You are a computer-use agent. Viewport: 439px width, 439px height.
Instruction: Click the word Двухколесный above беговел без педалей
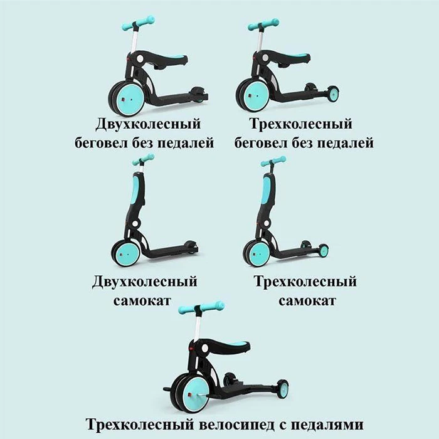(x=148, y=124)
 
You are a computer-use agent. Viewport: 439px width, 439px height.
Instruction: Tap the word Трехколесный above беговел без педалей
(x=300, y=124)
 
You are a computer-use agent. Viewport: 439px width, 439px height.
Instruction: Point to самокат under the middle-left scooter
(x=142, y=301)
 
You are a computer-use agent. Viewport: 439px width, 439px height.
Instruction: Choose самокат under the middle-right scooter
(x=307, y=301)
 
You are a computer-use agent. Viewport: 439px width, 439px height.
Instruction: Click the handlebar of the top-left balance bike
(x=139, y=23)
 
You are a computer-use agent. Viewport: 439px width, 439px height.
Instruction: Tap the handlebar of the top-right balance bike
(x=263, y=24)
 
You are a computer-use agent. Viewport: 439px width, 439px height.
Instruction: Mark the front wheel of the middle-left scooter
(x=125, y=254)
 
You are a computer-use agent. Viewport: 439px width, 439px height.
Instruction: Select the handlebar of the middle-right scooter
(x=273, y=161)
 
